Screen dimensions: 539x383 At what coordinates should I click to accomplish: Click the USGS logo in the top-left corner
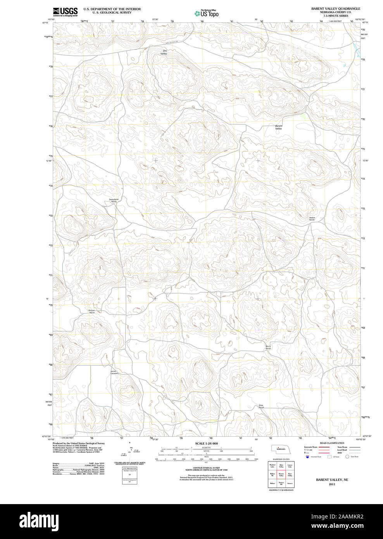[65, 11]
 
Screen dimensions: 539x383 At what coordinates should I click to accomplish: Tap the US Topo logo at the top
[207, 13]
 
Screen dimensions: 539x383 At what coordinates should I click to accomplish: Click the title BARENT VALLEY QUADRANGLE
[335, 9]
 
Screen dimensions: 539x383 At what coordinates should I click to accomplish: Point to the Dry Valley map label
[164, 52]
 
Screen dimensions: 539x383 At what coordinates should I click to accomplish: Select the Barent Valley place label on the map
[278, 127]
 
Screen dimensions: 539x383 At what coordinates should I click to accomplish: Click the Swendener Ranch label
[114, 200]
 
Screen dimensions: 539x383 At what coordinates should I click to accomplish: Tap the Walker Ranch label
[312, 219]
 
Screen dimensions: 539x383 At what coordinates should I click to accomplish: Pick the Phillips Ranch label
[92, 311]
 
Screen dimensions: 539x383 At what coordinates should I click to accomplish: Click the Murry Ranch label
[268, 347]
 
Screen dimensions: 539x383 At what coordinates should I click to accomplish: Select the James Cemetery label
[114, 372]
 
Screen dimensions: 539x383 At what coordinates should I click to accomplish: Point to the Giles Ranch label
[261, 406]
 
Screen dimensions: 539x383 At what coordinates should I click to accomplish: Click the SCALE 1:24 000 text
[206, 443]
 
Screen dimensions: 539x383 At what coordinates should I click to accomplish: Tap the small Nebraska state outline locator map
[279, 449]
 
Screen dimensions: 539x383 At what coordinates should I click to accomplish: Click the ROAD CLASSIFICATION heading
[332, 443]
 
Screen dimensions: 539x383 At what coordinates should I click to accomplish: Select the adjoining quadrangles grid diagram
[281, 474]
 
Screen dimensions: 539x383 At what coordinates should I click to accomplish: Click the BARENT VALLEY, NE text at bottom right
[332, 480]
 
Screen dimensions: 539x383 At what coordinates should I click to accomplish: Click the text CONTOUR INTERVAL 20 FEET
[206, 468]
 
